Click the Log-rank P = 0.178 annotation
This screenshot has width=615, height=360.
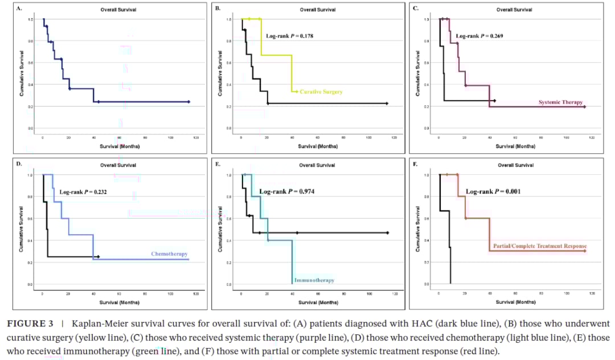click(289, 36)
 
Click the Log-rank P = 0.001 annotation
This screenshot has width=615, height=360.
click(493, 191)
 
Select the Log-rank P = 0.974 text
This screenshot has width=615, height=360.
click(286, 191)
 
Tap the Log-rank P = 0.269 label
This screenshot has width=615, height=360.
click(479, 36)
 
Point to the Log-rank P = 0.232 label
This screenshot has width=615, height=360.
click(83, 192)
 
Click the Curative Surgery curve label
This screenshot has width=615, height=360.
click(321, 92)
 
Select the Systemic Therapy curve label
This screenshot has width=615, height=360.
click(560, 103)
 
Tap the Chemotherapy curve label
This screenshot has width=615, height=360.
click(169, 254)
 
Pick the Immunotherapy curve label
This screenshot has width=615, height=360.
click(314, 280)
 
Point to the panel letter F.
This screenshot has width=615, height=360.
click(415, 164)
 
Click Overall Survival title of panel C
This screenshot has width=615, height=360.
click(514, 10)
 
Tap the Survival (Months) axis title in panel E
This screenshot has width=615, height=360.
click(317, 302)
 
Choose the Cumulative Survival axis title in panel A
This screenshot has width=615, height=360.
click(21, 73)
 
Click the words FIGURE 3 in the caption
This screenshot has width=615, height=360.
click(30, 324)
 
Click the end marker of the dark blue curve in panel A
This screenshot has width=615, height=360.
click(188, 102)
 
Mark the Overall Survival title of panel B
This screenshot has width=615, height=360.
click(317, 10)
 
